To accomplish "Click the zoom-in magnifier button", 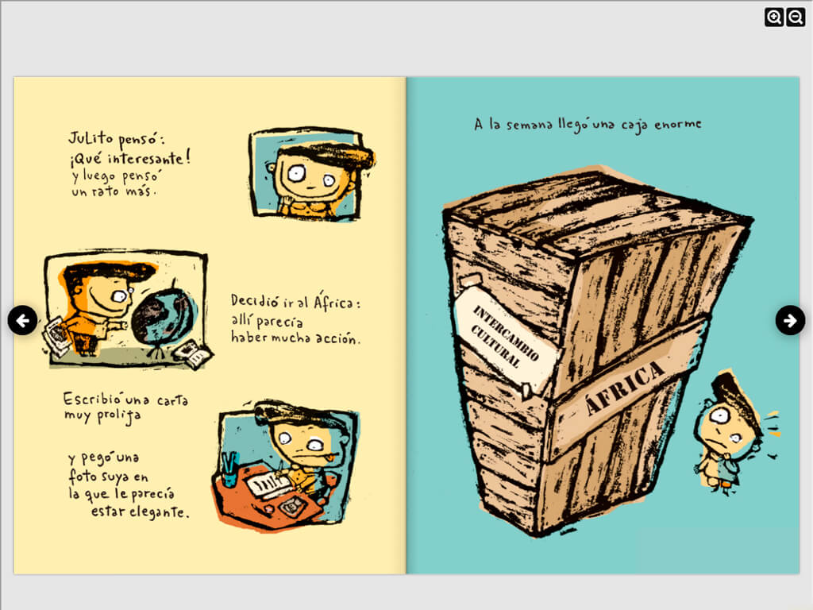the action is (x=773, y=17).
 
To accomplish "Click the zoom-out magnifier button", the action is (x=796, y=17).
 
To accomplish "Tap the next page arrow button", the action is (x=790, y=321).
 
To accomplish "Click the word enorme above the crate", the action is (x=678, y=125).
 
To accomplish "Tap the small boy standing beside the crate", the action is (x=730, y=430).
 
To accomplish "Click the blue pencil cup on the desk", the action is (x=229, y=470).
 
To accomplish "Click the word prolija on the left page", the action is (x=119, y=416).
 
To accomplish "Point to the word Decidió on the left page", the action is (x=255, y=301).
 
